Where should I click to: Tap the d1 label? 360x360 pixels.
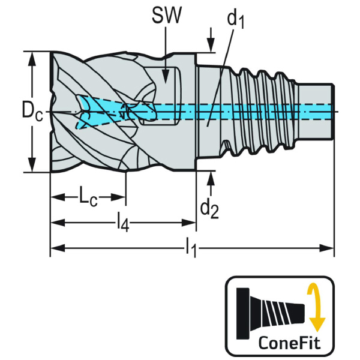click(x=236, y=20)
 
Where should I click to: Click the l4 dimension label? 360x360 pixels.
click(x=122, y=223)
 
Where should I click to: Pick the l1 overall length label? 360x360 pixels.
click(x=191, y=246)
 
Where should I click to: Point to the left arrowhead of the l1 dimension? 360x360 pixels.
click(x=55, y=247)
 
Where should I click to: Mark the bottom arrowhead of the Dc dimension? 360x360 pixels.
click(x=32, y=167)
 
